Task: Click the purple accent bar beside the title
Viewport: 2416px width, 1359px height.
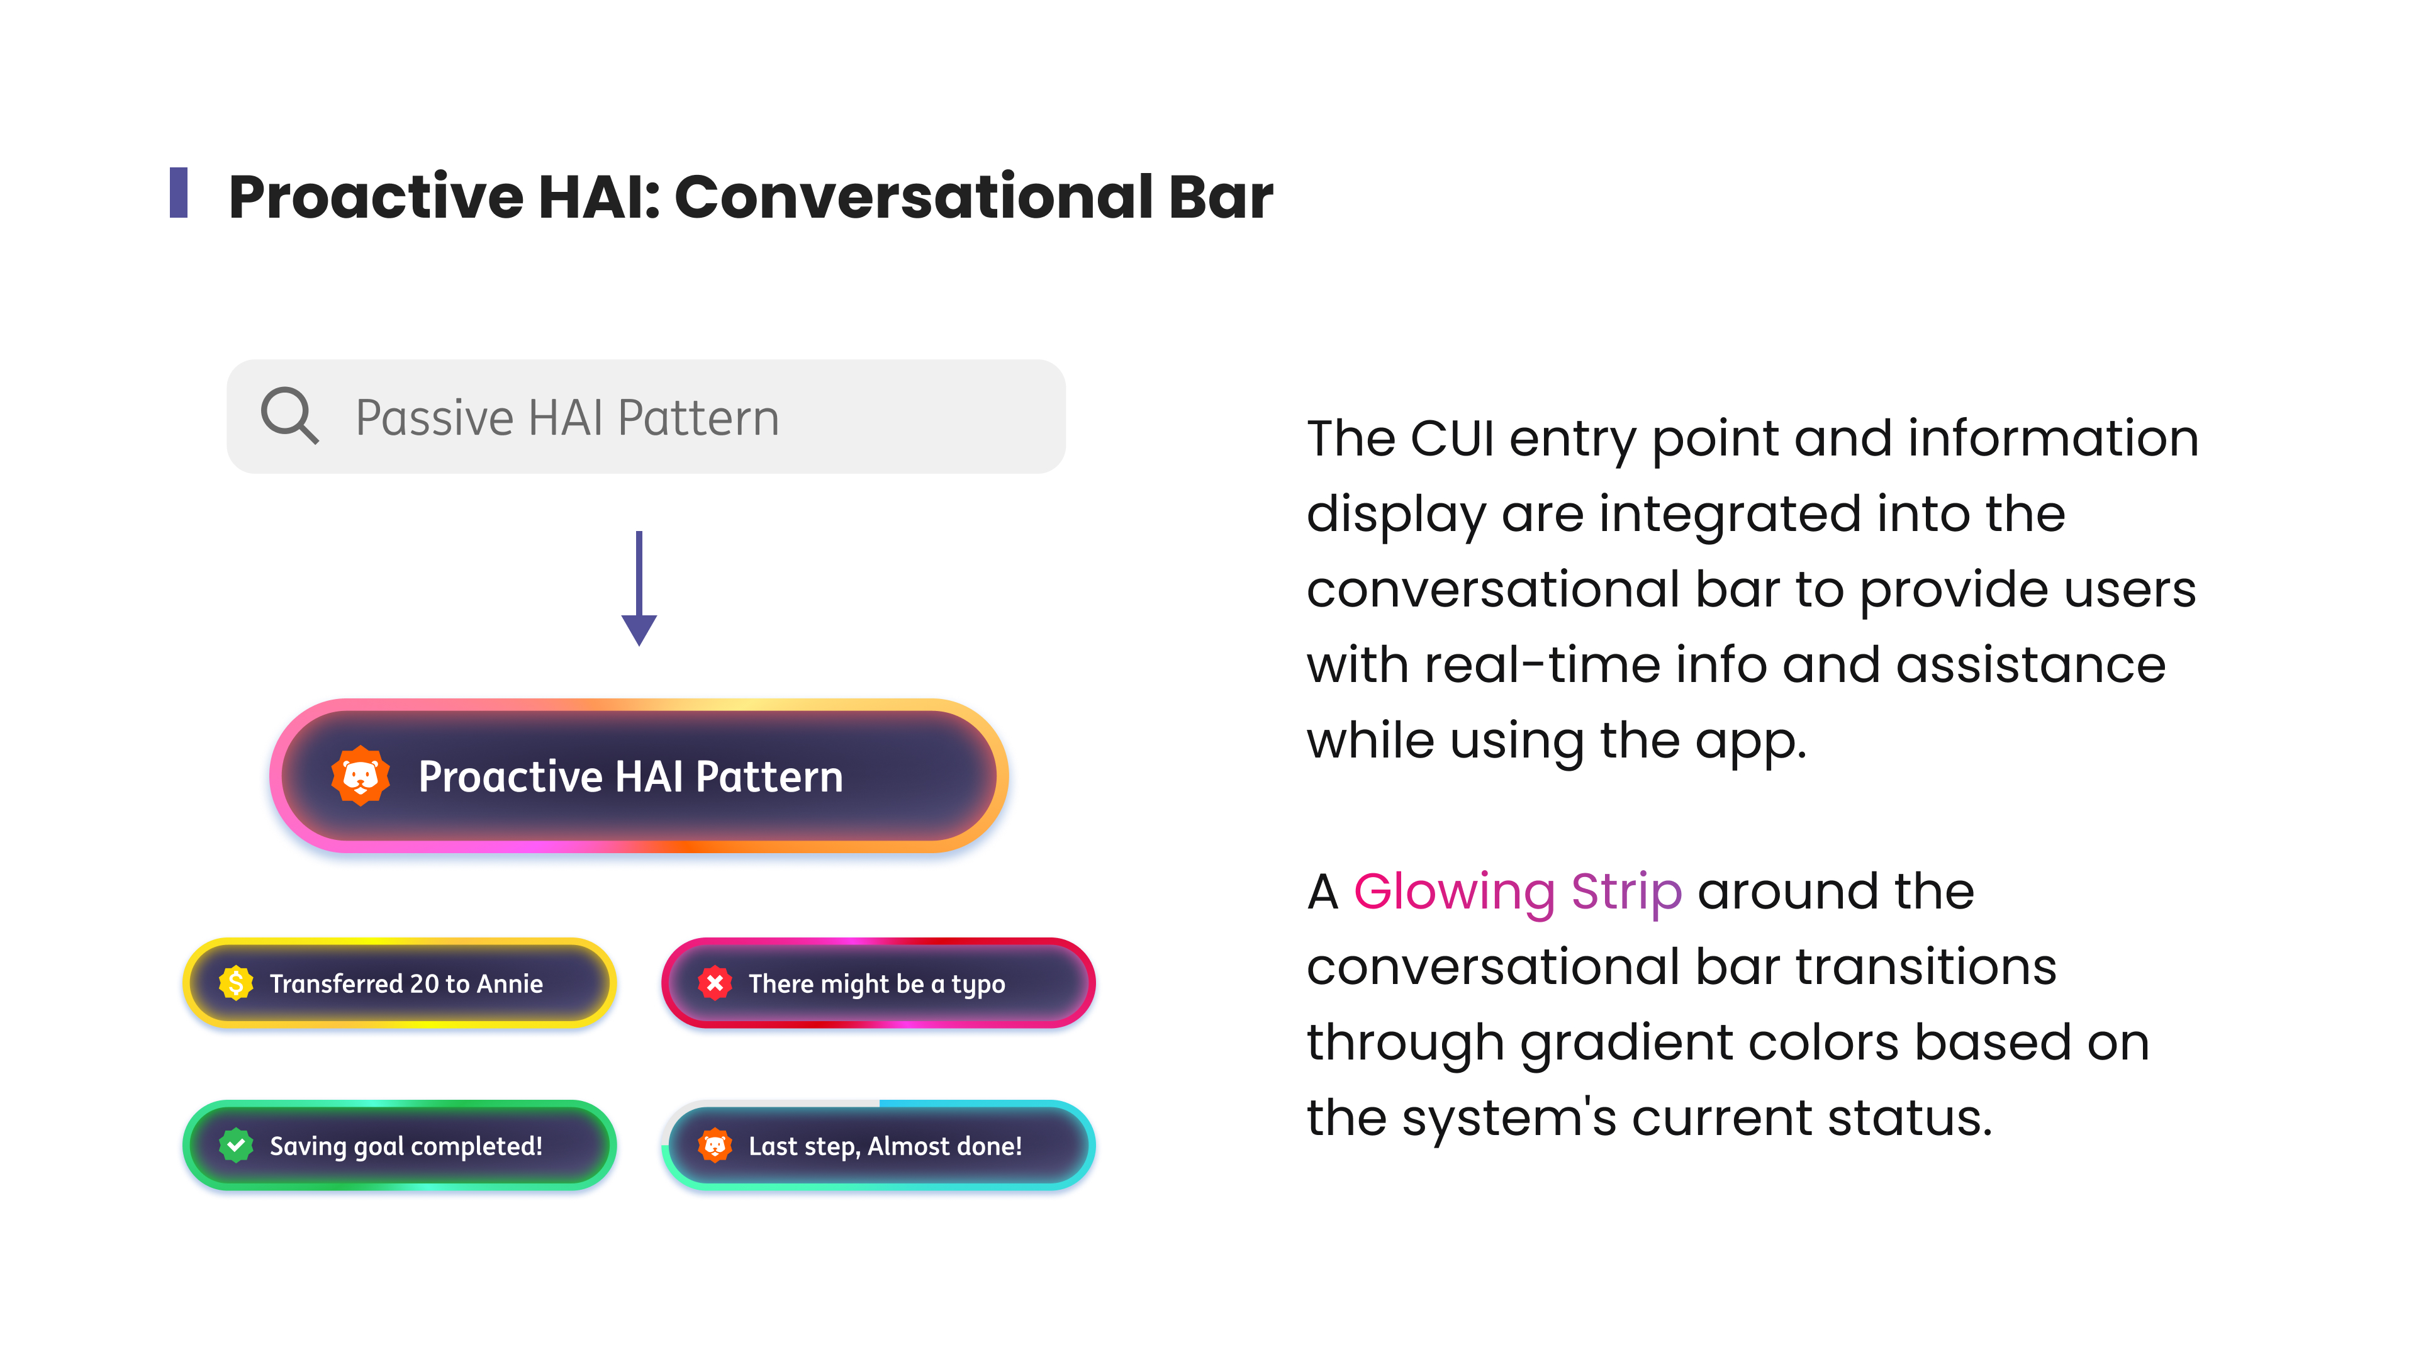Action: point(178,193)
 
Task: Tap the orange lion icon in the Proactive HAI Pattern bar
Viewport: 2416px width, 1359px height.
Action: point(360,776)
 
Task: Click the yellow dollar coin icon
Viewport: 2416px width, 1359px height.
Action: point(237,983)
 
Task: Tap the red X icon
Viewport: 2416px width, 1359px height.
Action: point(715,983)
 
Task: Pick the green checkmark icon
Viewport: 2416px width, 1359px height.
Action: point(237,1145)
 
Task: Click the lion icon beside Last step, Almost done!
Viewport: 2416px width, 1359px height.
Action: point(715,1145)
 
